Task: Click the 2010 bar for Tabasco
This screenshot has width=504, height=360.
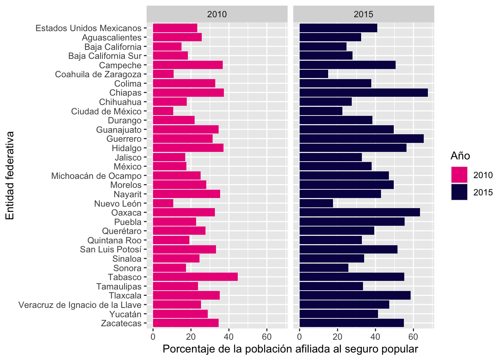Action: point(195,277)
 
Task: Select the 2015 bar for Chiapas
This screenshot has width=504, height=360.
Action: point(364,93)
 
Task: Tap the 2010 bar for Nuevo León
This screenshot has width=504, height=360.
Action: point(163,203)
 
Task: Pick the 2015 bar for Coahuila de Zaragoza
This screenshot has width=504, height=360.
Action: point(314,74)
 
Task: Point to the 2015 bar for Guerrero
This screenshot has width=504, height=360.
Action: point(361,139)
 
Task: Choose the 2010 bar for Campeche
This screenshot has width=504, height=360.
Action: point(188,65)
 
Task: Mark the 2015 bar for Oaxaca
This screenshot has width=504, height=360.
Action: point(360,213)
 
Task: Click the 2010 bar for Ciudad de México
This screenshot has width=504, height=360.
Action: point(163,111)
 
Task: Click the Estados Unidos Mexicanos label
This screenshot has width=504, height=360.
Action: point(88,28)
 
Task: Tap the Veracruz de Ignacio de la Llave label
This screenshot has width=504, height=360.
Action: point(80,305)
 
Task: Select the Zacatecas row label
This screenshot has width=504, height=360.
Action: point(121,323)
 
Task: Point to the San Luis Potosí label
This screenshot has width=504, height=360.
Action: point(111,249)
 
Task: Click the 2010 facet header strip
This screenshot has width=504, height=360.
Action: point(217,14)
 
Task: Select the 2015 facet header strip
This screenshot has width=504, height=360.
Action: point(364,14)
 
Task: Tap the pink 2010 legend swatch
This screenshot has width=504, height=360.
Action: point(459,175)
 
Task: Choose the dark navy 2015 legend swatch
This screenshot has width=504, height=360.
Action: point(459,192)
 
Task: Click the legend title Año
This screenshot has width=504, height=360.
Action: point(460,156)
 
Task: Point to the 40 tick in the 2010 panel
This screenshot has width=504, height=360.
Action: point(229,337)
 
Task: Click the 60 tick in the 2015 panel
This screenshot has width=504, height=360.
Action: point(413,337)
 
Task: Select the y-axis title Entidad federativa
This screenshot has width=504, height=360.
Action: point(10,175)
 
